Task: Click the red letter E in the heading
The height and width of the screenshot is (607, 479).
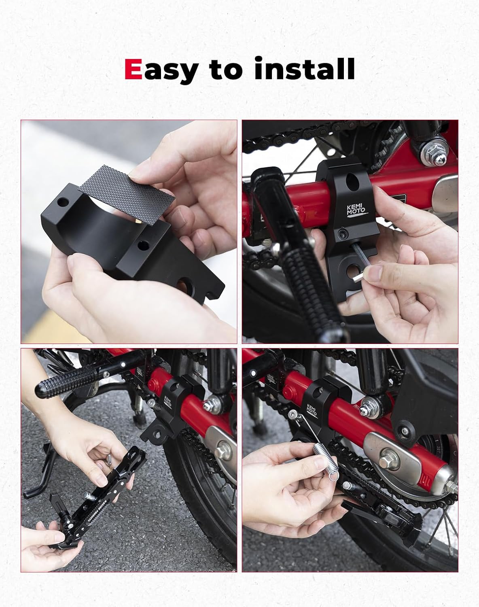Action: coord(133,69)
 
